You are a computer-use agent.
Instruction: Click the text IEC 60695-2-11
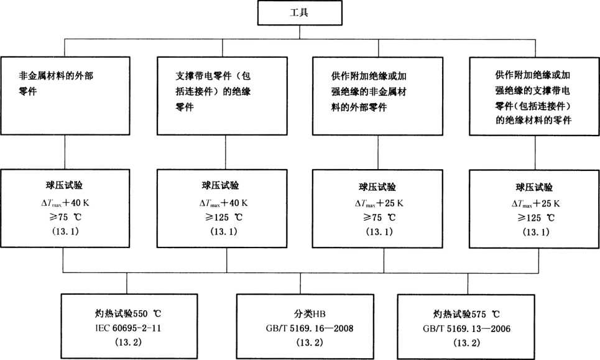pos(127,326)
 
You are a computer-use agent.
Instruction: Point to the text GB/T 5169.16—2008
pos(300,326)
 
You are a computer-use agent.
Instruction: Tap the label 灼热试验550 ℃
pos(127,313)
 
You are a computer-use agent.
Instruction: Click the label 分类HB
pos(300,313)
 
